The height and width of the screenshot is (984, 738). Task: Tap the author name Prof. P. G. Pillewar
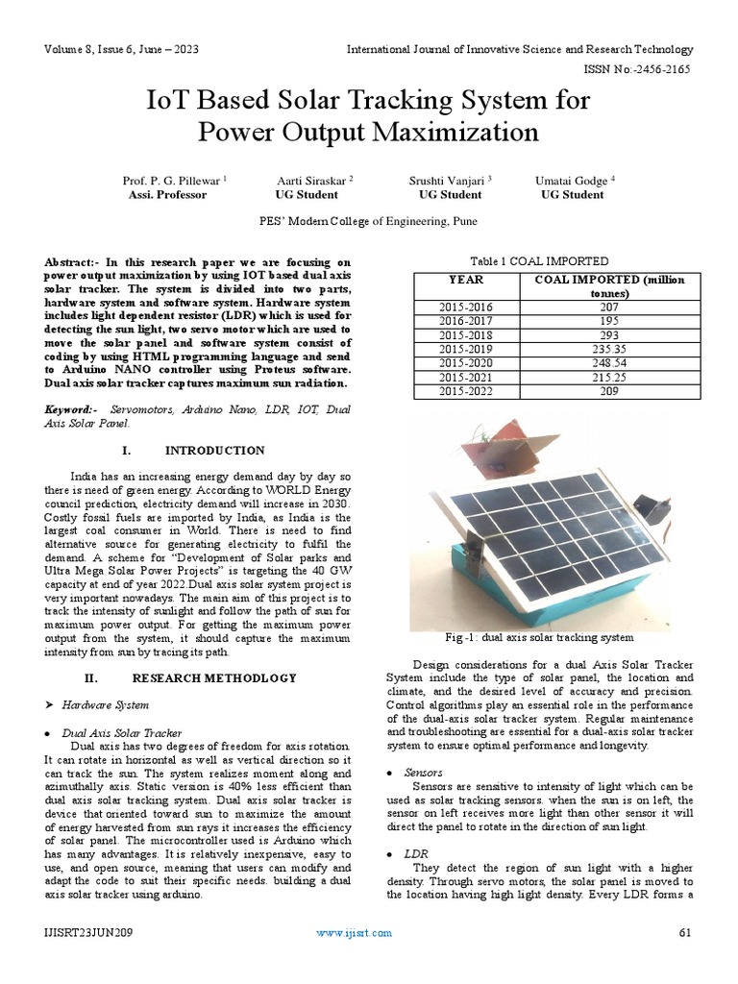[173, 180]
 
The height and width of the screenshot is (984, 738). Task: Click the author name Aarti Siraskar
[315, 180]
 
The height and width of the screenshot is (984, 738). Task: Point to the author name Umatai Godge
[574, 180]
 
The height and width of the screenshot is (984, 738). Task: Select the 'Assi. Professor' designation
[167, 194]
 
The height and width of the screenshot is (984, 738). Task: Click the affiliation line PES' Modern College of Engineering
[368, 221]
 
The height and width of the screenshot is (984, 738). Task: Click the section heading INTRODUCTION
[215, 450]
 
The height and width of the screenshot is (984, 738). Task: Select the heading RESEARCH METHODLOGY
[213, 677]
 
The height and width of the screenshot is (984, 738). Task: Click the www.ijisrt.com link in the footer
[355, 932]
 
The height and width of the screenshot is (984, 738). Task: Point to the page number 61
[685, 932]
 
